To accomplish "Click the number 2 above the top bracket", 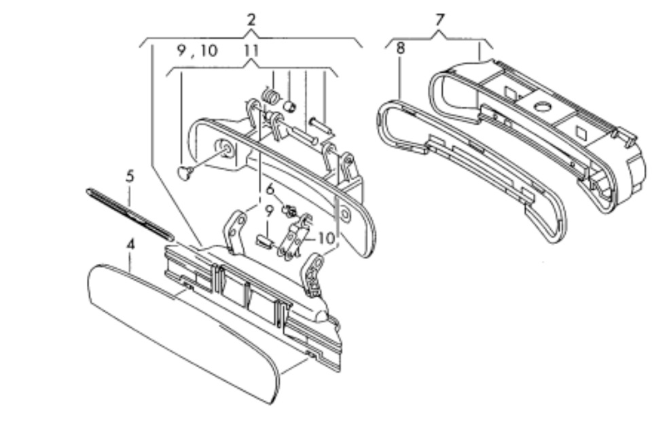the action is point(251,20).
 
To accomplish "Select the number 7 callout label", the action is point(440,20).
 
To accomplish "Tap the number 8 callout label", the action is point(401,48).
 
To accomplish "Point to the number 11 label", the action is point(251,50).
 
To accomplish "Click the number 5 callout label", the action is point(130,176).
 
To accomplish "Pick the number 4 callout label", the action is point(130,244).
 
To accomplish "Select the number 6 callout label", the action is point(270,190).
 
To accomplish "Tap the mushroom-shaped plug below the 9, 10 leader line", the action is point(184,172).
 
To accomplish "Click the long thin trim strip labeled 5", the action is point(130,214).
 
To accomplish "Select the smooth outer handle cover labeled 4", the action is point(183,333).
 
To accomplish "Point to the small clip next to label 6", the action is point(290,211).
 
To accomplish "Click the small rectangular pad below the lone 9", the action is point(264,241).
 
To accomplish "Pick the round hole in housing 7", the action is point(542,106).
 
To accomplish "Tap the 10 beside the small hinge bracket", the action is point(326,238).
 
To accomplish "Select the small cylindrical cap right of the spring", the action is point(289,105).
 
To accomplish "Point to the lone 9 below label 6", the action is point(269,211).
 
